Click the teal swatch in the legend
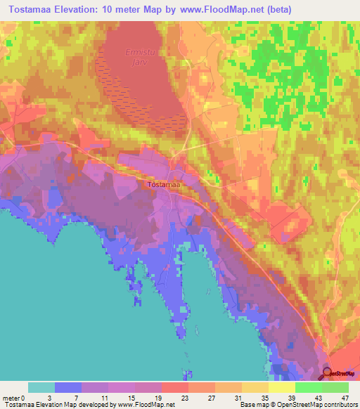point(41,387)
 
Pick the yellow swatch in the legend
point(281,387)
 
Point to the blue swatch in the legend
point(68,387)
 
